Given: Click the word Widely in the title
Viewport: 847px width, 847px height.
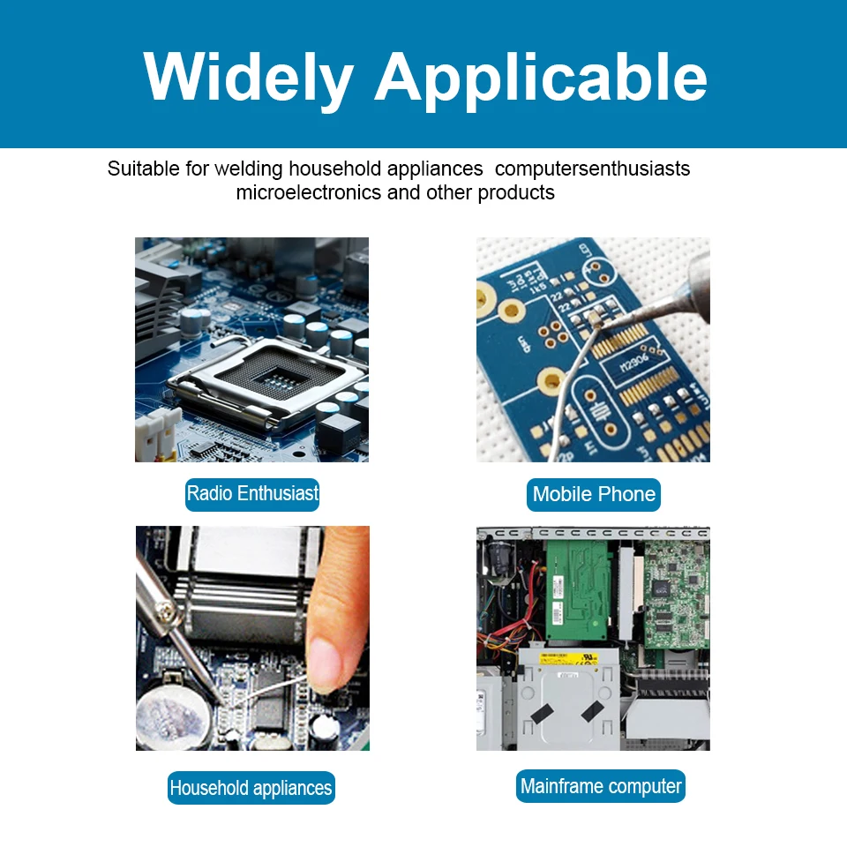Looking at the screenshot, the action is click(249, 79).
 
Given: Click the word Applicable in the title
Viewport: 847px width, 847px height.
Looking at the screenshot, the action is click(541, 79).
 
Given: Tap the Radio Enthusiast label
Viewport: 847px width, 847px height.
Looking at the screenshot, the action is click(252, 494).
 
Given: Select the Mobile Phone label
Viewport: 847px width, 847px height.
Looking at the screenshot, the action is click(594, 494).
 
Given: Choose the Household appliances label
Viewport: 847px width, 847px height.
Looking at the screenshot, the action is click(251, 788).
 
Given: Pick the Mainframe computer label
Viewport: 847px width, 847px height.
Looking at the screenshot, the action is click(601, 786).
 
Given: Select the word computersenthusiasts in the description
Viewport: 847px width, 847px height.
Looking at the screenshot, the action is click(593, 169).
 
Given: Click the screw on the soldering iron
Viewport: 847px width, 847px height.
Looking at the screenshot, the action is click(167, 611).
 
